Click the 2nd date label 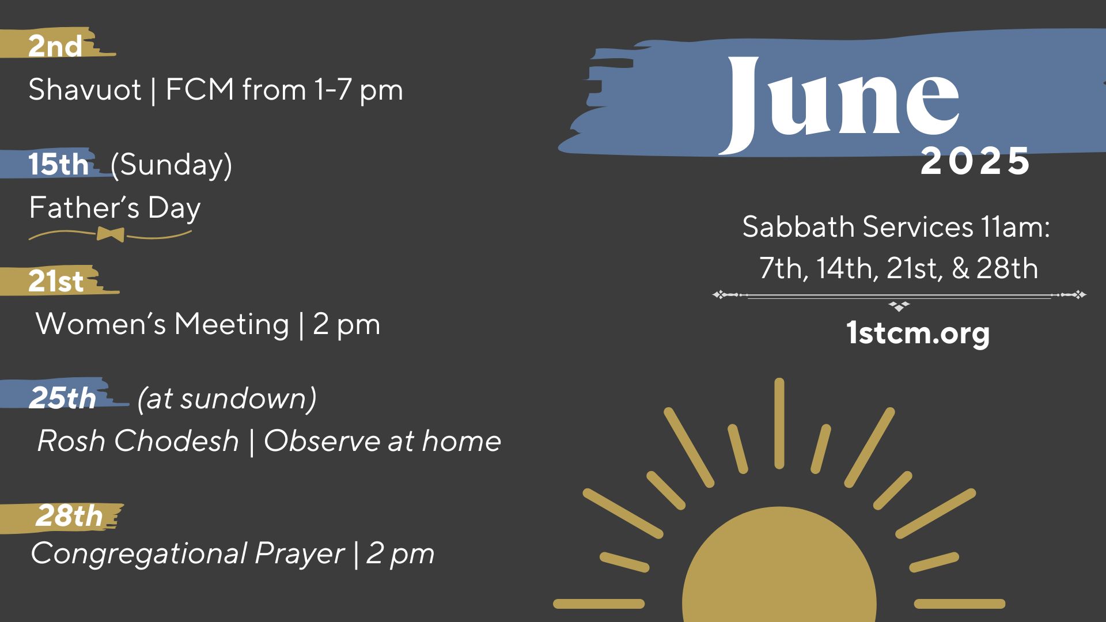(x=55, y=46)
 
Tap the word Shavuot (x=85, y=90)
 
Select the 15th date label (x=58, y=164)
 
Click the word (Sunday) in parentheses (x=171, y=166)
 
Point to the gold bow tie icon (x=111, y=234)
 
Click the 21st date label (x=56, y=281)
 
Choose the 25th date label (x=63, y=398)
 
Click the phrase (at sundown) (x=227, y=399)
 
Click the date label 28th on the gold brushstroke (x=69, y=515)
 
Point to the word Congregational (x=139, y=554)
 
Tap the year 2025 (x=975, y=161)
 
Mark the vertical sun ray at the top (x=779, y=423)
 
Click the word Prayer (x=300, y=554)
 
